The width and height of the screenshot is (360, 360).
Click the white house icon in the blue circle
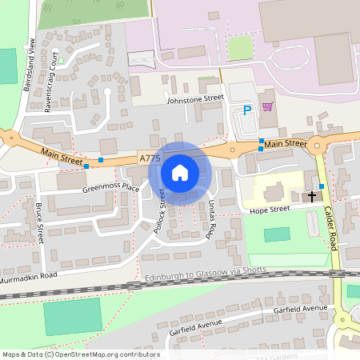[180, 172]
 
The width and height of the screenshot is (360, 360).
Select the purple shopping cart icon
[267, 106]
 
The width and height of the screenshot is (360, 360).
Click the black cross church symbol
[311, 195]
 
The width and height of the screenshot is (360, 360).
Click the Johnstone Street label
[194, 99]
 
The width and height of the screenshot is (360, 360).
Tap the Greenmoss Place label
[110, 190]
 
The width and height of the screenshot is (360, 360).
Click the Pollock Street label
[159, 210]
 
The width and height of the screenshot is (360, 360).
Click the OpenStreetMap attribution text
[81, 354]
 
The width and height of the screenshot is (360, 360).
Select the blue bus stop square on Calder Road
[322, 186]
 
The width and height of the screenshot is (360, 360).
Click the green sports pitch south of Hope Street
[277, 235]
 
